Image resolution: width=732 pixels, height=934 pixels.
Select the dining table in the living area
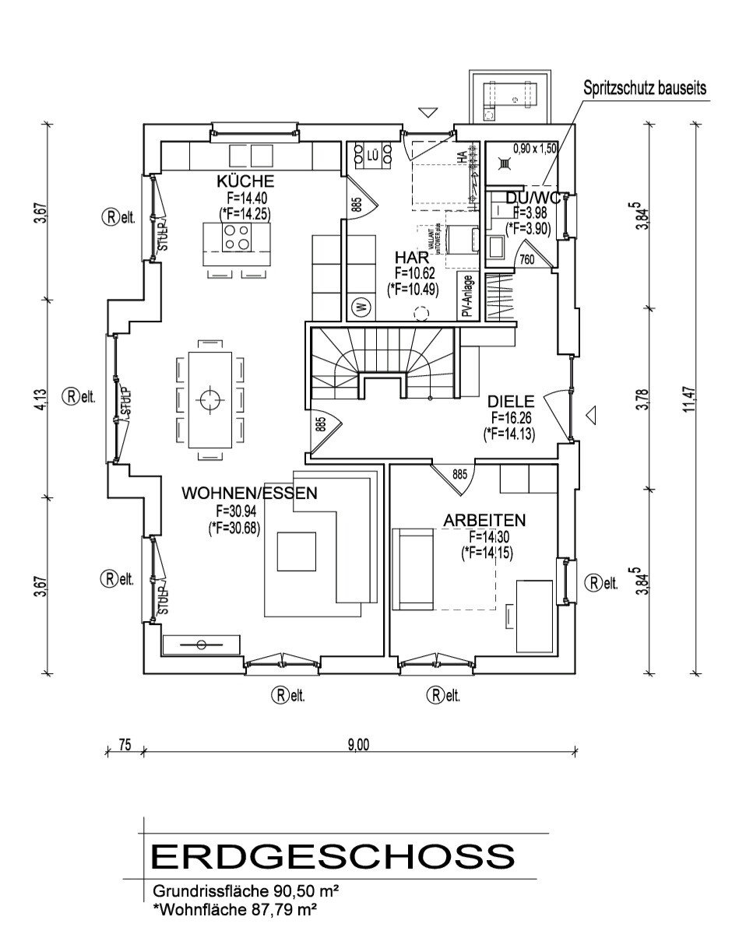pyautogui.click(x=209, y=400)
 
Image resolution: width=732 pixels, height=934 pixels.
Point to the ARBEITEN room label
pyautogui.click(x=484, y=519)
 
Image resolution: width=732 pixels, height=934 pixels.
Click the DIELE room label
pyautogui.click(x=511, y=401)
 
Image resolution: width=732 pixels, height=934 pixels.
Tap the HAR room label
pyautogui.click(x=412, y=257)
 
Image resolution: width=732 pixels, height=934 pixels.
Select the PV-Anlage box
pyautogui.click(x=465, y=296)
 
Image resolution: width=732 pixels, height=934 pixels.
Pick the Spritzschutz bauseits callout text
pyautogui.click(x=646, y=88)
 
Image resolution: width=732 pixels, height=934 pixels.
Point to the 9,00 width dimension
pyautogui.click(x=358, y=745)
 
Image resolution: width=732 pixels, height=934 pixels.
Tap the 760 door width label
pyautogui.click(x=526, y=260)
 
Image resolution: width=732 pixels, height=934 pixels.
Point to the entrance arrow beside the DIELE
pyautogui.click(x=590, y=416)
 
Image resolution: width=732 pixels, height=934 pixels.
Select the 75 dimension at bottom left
pyautogui.click(x=124, y=745)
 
